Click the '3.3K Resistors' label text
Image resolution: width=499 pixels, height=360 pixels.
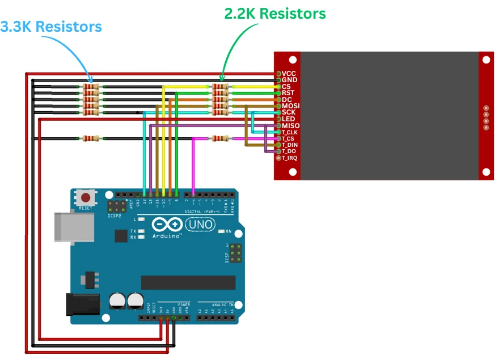[51, 27]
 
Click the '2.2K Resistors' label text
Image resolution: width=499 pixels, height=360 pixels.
[275, 14]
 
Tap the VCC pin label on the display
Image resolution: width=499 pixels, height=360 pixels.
[289, 74]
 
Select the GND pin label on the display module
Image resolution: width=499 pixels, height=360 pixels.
[289, 81]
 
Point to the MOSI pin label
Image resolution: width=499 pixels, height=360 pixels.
[291, 106]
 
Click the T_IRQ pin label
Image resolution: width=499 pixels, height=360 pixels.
[290, 158]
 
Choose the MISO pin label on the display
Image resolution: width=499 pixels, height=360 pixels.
[291, 125]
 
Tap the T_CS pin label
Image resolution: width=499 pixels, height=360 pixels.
[289, 138]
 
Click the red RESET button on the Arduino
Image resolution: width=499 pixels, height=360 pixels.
[86, 198]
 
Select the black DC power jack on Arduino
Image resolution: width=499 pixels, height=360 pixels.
[79, 304]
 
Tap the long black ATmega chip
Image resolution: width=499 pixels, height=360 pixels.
[188, 282]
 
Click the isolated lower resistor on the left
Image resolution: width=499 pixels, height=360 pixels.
[91, 138]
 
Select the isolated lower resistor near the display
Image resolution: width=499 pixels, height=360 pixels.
[220, 138]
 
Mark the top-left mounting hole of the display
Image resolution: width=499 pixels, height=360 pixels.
[293, 60]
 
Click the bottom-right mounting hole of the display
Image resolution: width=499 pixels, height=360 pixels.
[485, 172]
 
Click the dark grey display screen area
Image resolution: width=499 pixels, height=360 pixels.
[389, 116]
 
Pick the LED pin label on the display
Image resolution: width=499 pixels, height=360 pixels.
[289, 119]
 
